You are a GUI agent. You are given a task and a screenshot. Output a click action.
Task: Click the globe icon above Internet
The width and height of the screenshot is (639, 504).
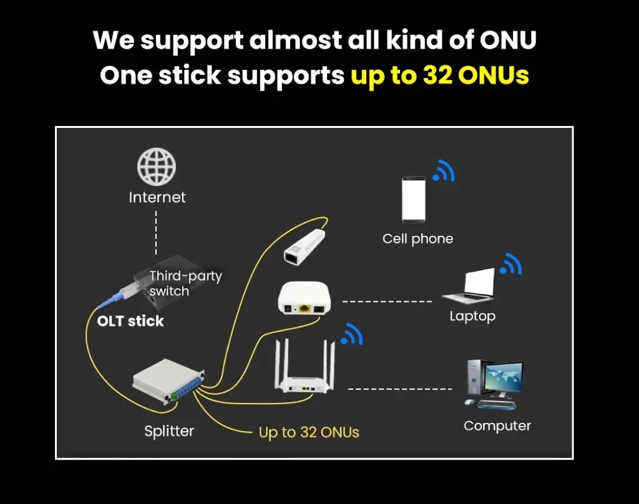coord(157,167)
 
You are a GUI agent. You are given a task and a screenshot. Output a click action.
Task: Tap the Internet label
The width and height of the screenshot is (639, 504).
coord(157,198)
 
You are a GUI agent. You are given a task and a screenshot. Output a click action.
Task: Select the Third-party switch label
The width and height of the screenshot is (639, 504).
coord(185,283)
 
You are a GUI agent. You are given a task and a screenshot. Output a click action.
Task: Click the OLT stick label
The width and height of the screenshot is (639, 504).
coord(130,321)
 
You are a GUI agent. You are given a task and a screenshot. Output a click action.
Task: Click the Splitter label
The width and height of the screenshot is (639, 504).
coord(169,430)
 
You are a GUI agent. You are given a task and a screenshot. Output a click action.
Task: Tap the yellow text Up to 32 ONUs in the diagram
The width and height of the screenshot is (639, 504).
coord(309,432)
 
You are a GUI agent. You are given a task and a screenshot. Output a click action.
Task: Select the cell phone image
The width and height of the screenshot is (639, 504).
coord(414,199)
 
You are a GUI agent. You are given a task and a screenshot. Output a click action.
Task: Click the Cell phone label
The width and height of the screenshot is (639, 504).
coord(417,238)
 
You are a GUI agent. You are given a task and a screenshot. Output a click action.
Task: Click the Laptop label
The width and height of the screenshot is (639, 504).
coord(472,316)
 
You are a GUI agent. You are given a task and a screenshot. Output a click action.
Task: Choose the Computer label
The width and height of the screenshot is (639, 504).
coord(497,426)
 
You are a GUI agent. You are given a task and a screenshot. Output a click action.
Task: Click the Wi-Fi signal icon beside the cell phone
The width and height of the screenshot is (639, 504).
coord(444,170)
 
